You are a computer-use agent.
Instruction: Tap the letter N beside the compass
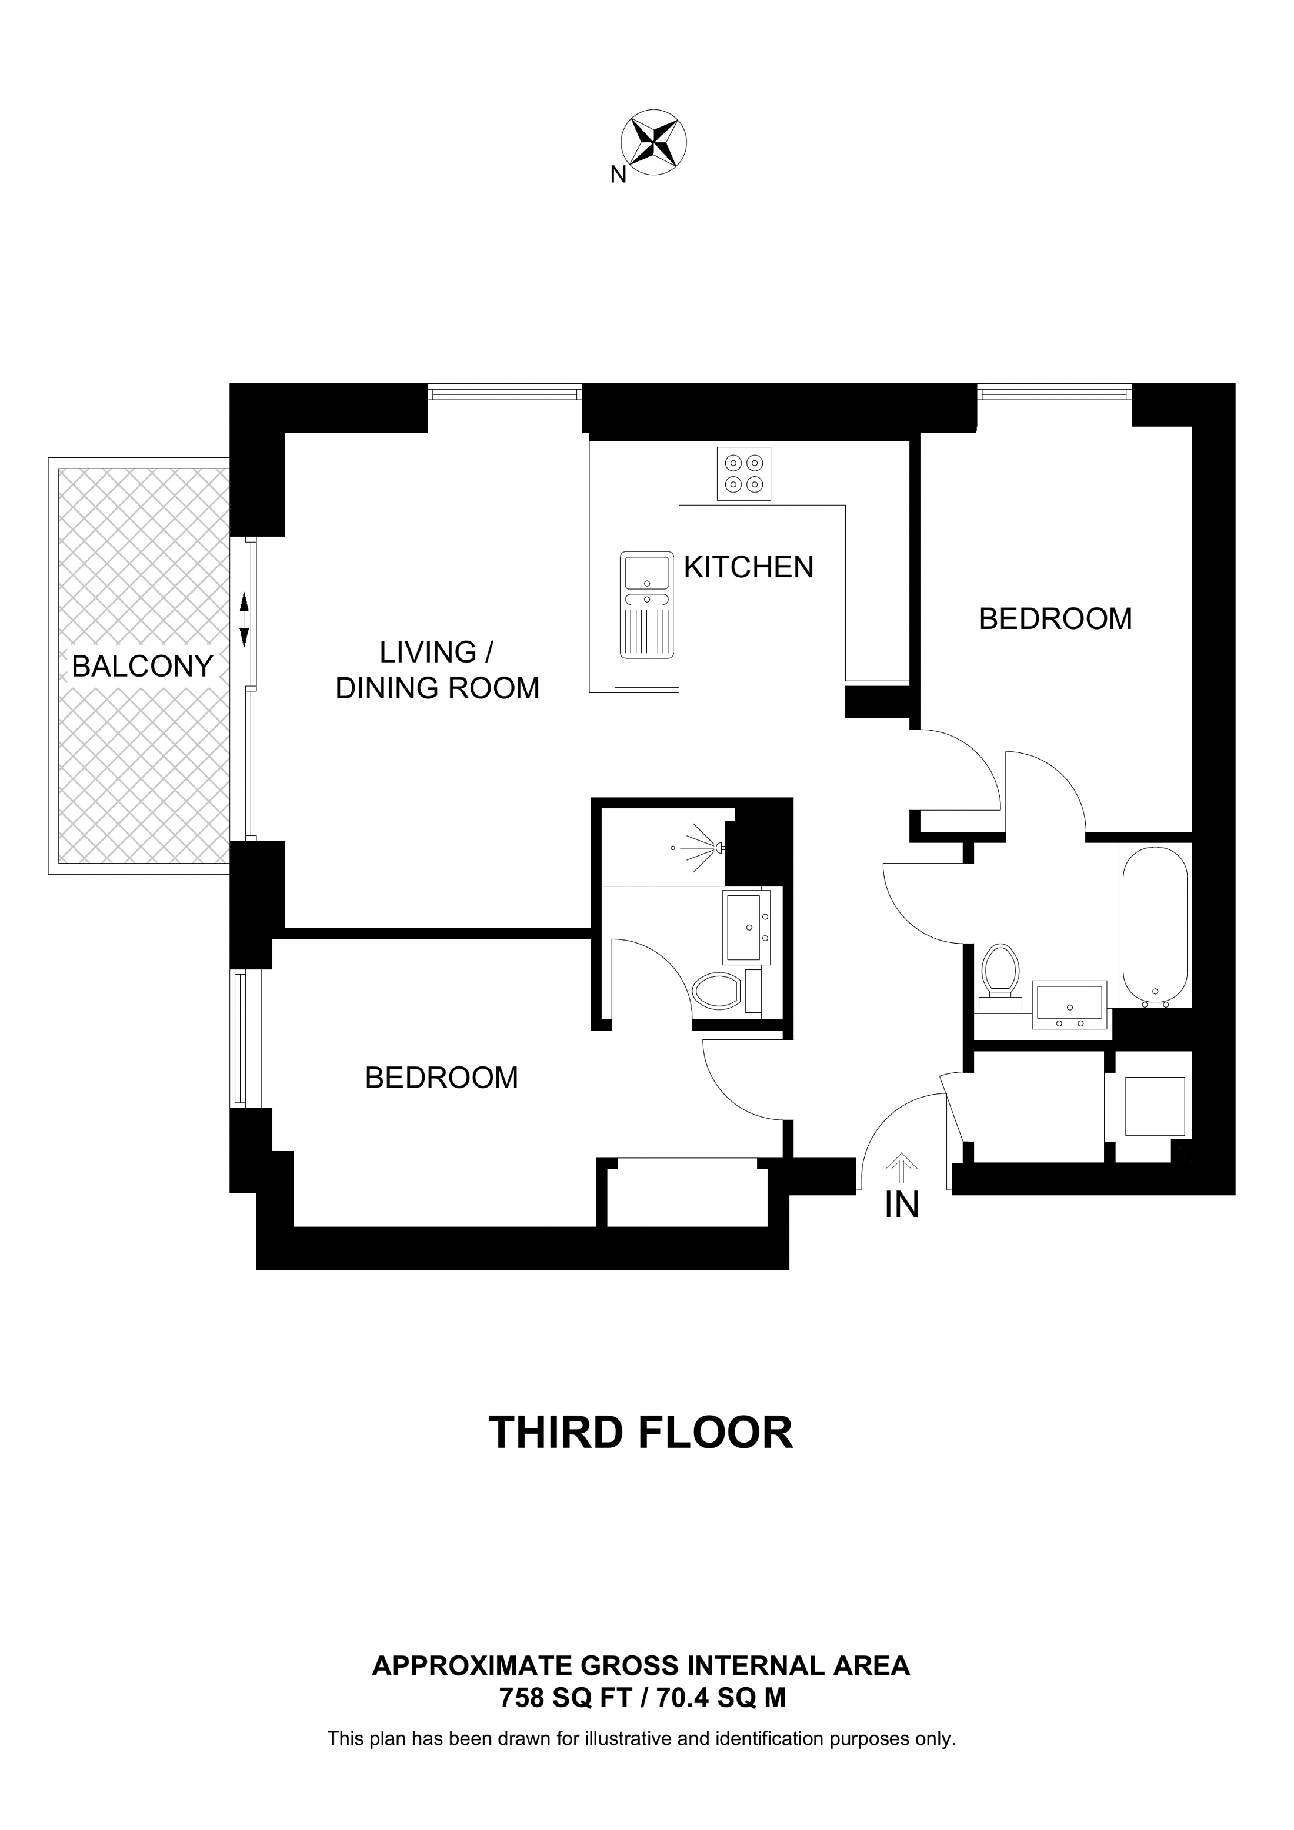point(618,175)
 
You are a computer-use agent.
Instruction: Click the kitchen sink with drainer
point(646,605)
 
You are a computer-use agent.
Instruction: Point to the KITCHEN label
point(749,567)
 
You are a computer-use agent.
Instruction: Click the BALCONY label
point(143,665)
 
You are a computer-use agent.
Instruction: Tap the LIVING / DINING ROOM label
point(437,670)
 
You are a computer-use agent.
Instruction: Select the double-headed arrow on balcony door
point(245,619)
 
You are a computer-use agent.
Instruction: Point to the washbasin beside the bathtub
point(1069,1004)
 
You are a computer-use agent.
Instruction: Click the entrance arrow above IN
point(902,1167)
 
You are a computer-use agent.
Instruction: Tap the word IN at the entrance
point(902,1205)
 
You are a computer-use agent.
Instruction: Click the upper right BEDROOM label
point(1056,618)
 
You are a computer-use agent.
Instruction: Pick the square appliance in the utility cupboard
point(1155,1106)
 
